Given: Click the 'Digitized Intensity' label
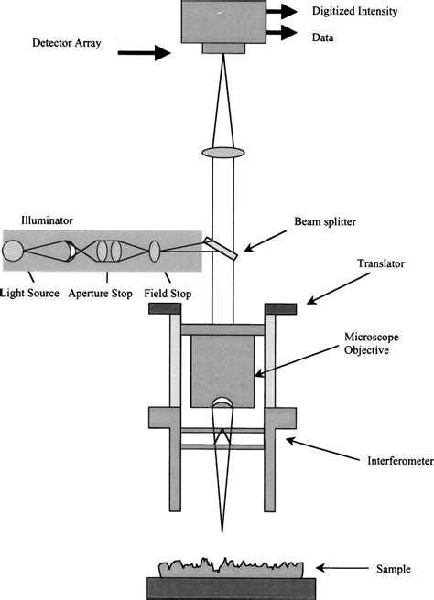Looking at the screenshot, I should tap(359, 12).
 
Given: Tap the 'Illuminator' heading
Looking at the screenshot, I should tap(47, 220).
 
